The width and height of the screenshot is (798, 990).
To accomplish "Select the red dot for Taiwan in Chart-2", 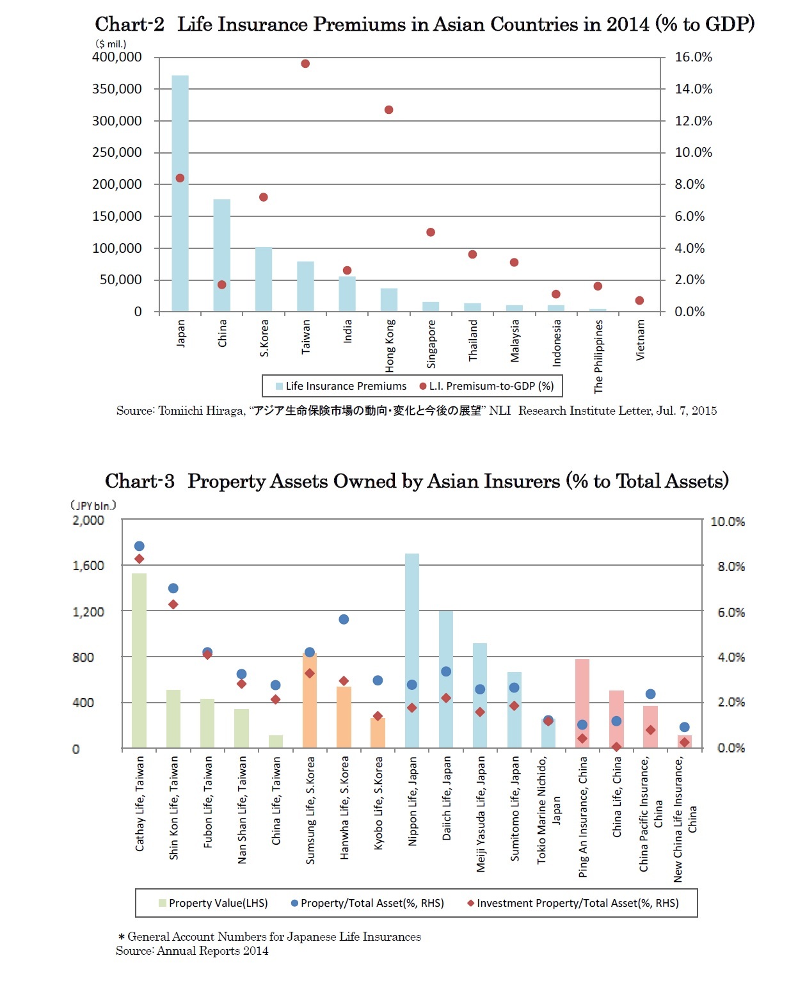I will [x=305, y=64].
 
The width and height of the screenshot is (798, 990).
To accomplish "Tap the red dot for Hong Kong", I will [x=388, y=110].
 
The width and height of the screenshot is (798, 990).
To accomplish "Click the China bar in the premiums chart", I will [x=221, y=255].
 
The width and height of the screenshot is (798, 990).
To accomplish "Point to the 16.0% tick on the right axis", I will [x=693, y=58].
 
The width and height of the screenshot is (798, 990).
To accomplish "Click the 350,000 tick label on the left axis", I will [x=117, y=89].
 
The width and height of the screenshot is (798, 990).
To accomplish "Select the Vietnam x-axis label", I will [x=640, y=340].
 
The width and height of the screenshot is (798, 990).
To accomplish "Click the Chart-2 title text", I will [x=424, y=24].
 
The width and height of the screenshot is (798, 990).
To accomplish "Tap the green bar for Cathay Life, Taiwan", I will [x=139, y=660].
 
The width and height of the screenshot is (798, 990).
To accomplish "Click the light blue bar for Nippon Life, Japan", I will [x=411, y=650].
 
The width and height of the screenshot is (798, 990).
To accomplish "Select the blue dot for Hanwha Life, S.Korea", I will [x=344, y=619].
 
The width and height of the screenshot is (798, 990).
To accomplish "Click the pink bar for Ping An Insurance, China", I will [x=582, y=703].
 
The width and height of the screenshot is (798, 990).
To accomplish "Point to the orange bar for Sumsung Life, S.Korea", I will [x=309, y=700].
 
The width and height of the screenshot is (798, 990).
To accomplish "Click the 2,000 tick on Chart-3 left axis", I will [x=88, y=520].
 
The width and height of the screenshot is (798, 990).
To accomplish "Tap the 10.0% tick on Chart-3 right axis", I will [x=727, y=522].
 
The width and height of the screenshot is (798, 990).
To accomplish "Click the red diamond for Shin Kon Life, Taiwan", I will [x=173, y=605].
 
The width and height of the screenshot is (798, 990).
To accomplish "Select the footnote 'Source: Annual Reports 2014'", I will [x=192, y=951].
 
